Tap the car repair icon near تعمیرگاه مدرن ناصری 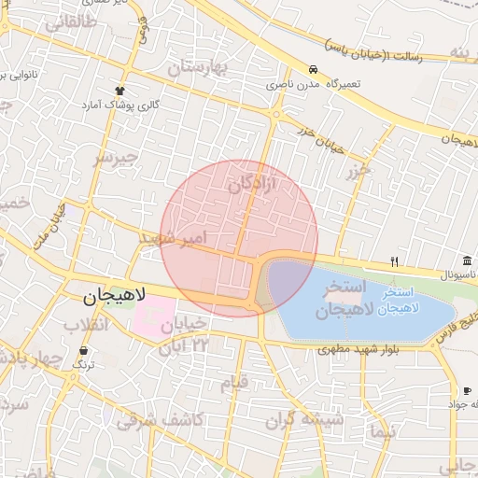tap(315, 70)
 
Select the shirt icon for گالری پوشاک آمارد tap(119, 91)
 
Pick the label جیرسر tap(114, 158)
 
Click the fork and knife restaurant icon tap(395, 261)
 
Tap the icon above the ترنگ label tap(84, 351)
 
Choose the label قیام tap(233, 382)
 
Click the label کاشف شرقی tap(160, 420)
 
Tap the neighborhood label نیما tap(383, 431)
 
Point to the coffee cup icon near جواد tap(466, 390)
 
